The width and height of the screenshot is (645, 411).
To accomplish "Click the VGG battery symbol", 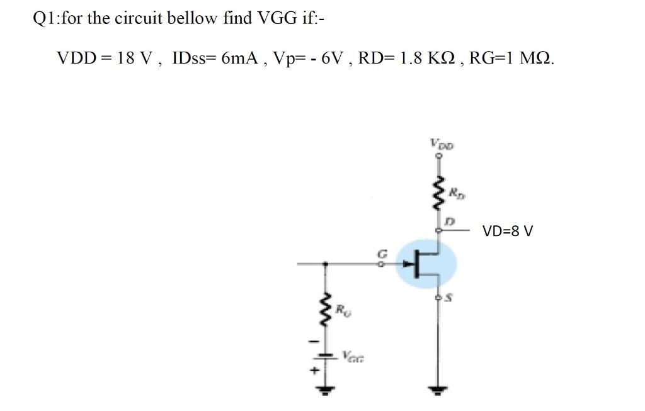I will (325, 356).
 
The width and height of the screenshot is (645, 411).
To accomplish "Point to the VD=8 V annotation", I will (508, 231).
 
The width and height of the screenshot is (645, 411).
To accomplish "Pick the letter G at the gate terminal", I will (379, 253).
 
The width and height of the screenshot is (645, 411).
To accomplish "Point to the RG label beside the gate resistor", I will (340, 310).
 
